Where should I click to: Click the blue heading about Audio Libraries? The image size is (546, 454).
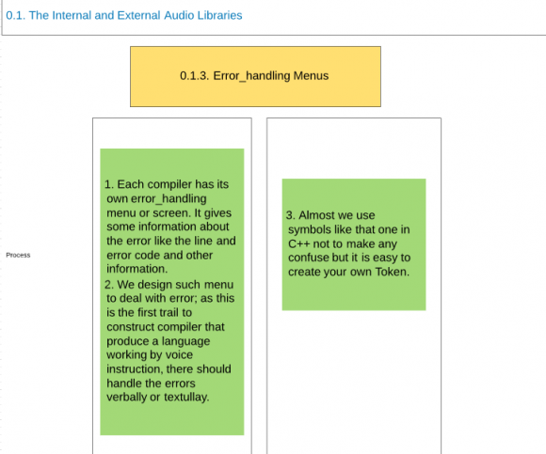[124, 15]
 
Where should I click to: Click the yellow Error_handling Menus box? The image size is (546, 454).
[256, 76]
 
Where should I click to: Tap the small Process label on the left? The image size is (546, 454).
[18, 255]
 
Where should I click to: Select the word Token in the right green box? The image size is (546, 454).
[393, 272]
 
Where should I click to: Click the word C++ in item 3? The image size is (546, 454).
[299, 243]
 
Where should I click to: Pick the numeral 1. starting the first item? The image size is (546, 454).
[109, 184]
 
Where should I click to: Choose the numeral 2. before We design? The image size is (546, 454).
[109, 285]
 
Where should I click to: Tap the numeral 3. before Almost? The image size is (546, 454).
[291, 215]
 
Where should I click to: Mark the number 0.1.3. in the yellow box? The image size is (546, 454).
[195, 76]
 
